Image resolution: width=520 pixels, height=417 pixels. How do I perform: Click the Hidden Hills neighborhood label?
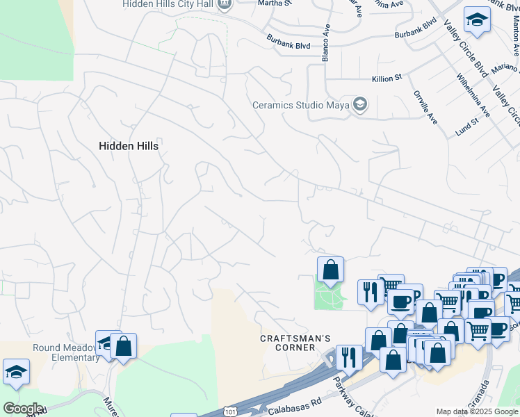pos(129,147)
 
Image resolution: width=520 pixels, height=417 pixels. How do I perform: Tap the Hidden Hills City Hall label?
pos(169,4)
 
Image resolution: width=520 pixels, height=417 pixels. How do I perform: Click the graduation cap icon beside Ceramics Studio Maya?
pos(359,105)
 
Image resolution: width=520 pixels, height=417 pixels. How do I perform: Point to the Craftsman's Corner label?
pos(295,343)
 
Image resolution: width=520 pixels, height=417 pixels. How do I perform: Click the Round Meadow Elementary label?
pos(66,352)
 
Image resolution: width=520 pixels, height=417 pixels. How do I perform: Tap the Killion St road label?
pos(387,79)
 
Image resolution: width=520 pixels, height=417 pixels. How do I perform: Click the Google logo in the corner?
pos(22,409)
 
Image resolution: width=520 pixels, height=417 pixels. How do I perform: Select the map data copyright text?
pos(478,411)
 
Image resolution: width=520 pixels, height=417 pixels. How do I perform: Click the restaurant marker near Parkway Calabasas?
pos(349,358)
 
